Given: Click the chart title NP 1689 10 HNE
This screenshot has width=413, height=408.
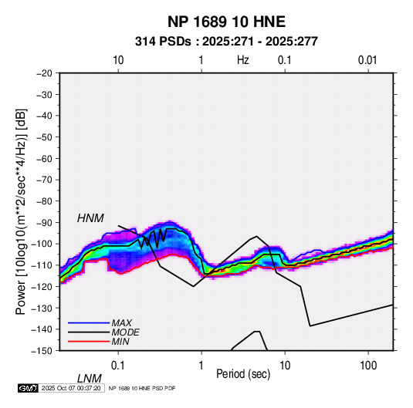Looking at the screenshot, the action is click(x=226, y=22).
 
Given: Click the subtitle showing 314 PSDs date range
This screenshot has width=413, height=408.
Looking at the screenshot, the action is click(x=226, y=42).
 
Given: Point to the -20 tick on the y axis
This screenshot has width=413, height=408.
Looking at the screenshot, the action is click(x=44, y=73).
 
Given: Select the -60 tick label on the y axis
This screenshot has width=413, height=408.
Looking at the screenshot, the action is click(x=44, y=158).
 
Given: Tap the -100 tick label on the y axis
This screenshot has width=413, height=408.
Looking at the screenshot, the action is click(x=42, y=244).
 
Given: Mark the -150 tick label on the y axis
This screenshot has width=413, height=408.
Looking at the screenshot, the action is click(x=42, y=351).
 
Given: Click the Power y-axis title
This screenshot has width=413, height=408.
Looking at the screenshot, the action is click(x=21, y=212).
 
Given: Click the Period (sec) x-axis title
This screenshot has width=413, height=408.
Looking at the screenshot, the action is click(x=243, y=374).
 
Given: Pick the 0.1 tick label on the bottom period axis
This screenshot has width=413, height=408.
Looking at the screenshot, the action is click(x=118, y=366).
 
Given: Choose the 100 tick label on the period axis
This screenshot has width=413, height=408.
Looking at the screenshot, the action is click(x=368, y=366).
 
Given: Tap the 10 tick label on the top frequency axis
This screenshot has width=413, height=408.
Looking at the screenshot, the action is click(x=118, y=60).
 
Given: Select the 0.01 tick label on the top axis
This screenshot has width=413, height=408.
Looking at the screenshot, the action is click(x=367, y=60).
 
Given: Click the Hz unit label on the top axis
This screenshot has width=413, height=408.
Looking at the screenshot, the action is click(x=243, y=60).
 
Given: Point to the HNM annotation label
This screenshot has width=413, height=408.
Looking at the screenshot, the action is click(x=90, y=218).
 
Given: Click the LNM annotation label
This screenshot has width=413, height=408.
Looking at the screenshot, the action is click(x=90, y=379).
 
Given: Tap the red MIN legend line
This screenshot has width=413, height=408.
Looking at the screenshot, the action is click(x=89, y=342).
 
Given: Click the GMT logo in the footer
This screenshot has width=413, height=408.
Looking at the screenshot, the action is click(x=29, y=388).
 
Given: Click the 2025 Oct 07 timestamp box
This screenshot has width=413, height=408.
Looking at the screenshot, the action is click(x=71, y=388).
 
